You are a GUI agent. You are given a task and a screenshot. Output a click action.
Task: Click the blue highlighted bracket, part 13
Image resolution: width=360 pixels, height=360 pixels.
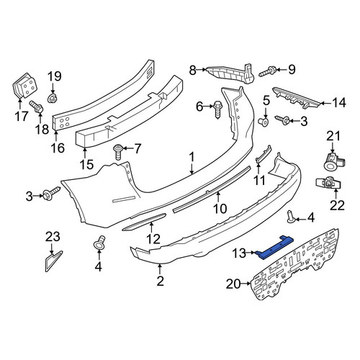(x=274, y=248)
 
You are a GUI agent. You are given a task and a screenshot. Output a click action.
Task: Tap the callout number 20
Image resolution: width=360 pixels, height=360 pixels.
(x=233, y=284)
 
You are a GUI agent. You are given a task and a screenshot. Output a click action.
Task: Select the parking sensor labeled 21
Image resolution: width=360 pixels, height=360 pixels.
(x=333, y=161)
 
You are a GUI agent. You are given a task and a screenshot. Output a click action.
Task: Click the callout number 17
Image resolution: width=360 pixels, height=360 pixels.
(x=22, y=117)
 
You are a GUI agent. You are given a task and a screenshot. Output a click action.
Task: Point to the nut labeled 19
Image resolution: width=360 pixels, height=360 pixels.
(x=52, y=98)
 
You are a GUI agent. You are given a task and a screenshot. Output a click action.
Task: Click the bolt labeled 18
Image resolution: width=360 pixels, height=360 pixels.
(x=36, y=107)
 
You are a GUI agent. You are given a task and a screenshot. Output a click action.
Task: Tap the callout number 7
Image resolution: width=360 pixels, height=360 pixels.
(x=138, y=149)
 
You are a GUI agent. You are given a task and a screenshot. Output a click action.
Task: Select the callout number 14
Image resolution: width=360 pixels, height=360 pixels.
(x=338, y=103)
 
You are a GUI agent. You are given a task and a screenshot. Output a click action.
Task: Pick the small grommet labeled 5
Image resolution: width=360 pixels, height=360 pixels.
(x=264, y=122)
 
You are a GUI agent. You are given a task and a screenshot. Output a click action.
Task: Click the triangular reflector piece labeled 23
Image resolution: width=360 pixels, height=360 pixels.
(x=53, y=261)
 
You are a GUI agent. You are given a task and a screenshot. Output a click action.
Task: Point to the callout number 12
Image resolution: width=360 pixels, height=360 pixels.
(x=153, y=239)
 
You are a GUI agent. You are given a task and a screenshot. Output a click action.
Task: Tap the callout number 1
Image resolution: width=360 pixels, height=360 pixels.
(x=192, y=158)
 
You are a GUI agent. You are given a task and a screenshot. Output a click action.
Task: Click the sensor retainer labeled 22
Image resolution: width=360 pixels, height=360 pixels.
(x=329, y=184)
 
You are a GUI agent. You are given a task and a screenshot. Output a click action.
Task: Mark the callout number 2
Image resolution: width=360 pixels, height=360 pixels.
(x=160, y=281)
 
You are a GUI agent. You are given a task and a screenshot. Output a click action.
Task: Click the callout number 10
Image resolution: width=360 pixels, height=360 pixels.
(x=220, y=209)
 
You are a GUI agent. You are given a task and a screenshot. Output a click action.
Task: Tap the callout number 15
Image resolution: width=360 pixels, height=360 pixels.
(x=86, y=164)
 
